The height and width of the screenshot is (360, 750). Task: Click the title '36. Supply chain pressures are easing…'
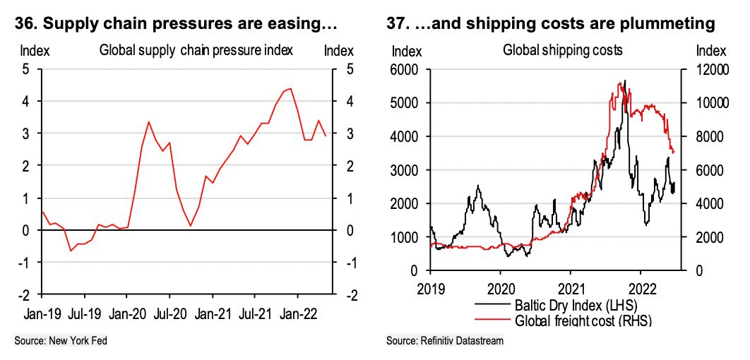176,24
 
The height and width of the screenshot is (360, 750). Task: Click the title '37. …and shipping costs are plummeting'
551,24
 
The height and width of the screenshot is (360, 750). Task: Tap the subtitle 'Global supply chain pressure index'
196,51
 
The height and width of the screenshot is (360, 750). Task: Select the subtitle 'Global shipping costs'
552,51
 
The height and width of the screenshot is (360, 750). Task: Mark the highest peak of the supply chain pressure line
290,88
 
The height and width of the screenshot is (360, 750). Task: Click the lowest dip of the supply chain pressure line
71,251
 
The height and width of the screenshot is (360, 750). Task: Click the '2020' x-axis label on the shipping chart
501,287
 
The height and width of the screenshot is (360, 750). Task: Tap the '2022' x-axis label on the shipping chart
641,287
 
